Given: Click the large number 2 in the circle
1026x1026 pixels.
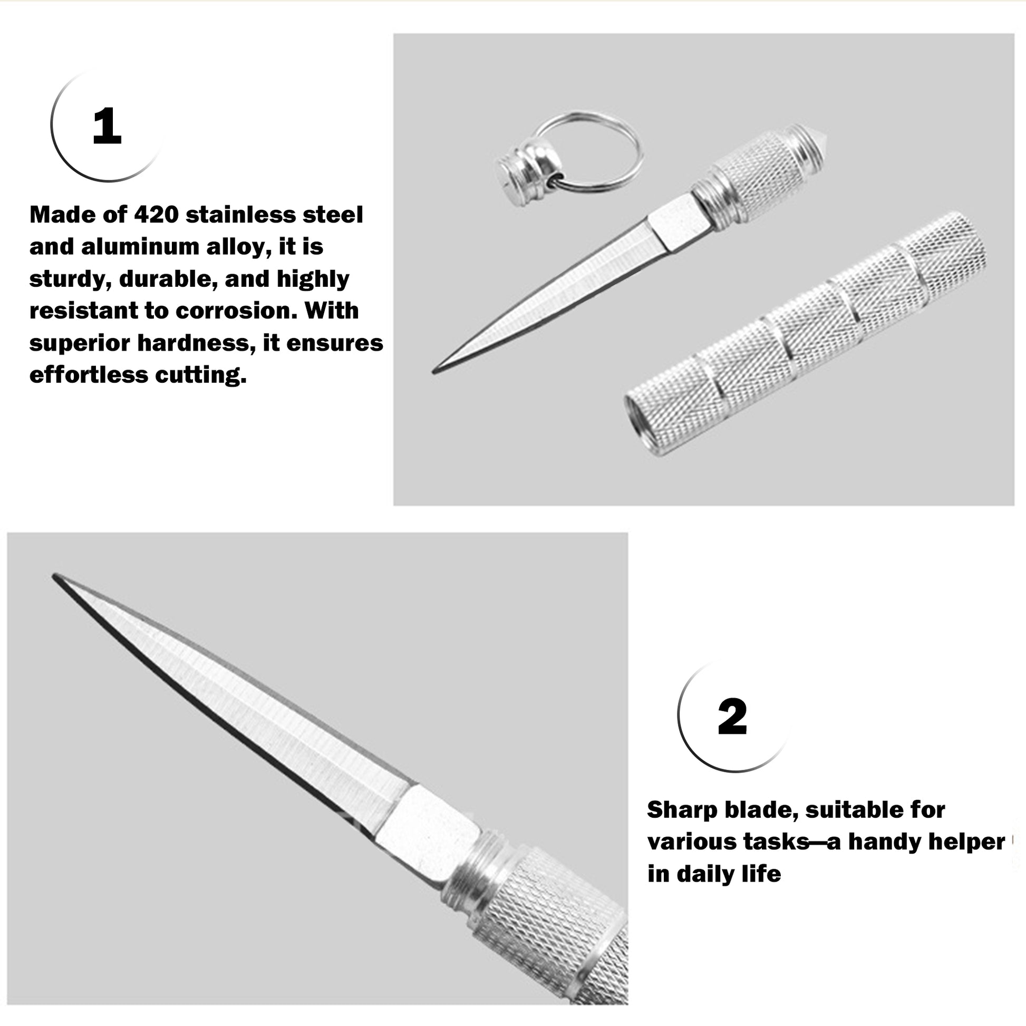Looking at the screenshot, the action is tap(732, 717).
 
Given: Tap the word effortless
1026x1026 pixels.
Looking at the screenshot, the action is tap(88, 374).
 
